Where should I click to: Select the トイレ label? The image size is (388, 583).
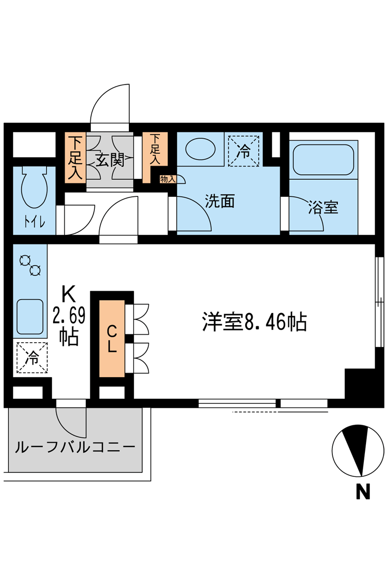coord(35,222)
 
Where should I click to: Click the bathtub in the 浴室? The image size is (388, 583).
coord(323,159)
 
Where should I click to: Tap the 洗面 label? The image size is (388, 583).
coord(220,201)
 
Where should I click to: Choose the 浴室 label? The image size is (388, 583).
coord(323,207)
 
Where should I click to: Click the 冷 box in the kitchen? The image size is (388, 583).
coord(32,358)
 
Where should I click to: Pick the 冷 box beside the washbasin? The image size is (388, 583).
coord(243,151)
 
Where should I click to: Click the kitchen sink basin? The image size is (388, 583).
coord(30,317)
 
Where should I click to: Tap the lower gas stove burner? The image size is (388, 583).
coord(36,270)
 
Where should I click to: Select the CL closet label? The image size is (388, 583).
coord(112,339)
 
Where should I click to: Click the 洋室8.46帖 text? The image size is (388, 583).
coord(255,322)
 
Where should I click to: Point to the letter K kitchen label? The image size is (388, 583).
coord(69,294)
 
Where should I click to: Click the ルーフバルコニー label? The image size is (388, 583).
coord(75,447)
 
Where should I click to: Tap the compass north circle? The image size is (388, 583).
coord(358,450)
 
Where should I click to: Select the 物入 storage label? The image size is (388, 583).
coord(168,179)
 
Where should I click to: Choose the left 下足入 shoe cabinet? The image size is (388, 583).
coord(76,158)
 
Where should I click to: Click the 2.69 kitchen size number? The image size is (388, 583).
coord(69,316)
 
